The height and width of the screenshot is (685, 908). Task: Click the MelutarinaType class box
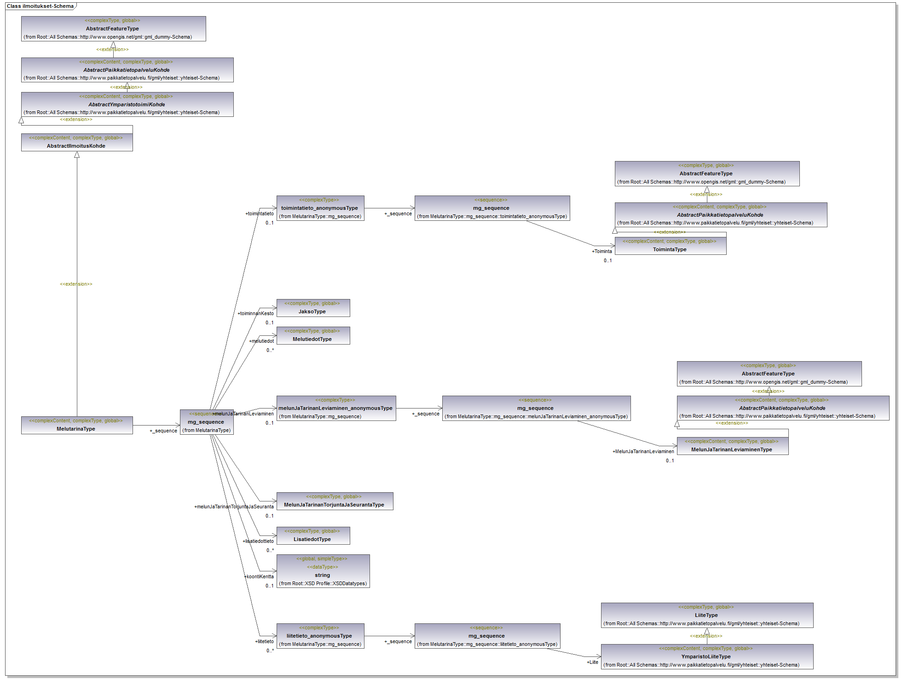tap(77, 425)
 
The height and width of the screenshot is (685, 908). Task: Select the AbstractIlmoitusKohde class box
tap(77, 142)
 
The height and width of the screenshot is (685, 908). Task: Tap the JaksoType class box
tap(313, 308)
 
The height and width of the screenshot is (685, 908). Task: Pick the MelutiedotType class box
tap(313, 335)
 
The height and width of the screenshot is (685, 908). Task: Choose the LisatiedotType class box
tap(313, 535)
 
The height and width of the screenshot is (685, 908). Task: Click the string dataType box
tap(323, 571)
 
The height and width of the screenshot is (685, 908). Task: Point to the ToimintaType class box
tap(670, 246)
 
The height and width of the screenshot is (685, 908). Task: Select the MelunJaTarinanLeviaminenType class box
tap(732, 446)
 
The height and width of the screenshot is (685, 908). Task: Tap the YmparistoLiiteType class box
tap(706, 656)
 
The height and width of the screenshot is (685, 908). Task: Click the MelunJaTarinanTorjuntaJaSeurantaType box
tap(335, 501)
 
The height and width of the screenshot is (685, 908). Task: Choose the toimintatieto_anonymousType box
tap(320, 208)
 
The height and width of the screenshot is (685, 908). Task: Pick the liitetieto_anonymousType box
tap(320, 636)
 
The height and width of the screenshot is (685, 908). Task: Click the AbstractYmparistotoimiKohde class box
tap(127, 104)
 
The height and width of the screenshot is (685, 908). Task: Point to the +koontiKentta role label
tap(259, 576)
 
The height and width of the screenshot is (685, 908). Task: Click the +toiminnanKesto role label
tap(256, 313)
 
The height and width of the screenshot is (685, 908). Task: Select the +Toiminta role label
tap(602, 251)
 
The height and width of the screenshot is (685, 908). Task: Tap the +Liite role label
tap(592, 662)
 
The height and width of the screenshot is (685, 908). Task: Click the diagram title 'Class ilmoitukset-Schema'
tap(40, 6)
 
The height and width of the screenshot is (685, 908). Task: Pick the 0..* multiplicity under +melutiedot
tap(270, 350)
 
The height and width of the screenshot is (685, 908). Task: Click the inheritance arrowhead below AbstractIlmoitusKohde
tap(77, 155)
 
